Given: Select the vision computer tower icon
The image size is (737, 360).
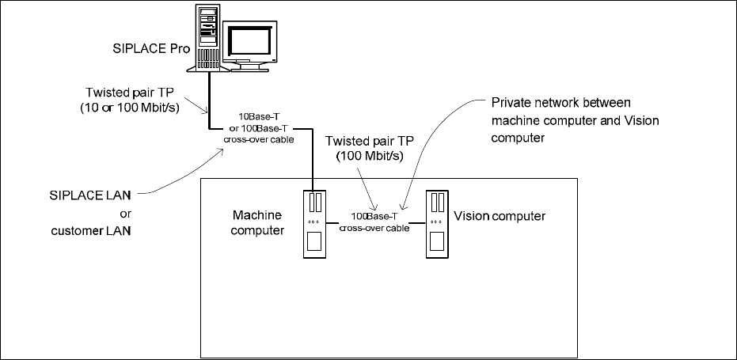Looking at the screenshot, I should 437,225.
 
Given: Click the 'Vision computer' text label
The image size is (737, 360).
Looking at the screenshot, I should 500,215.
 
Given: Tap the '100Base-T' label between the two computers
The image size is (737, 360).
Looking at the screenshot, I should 374,216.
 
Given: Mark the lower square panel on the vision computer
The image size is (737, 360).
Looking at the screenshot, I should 437,241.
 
